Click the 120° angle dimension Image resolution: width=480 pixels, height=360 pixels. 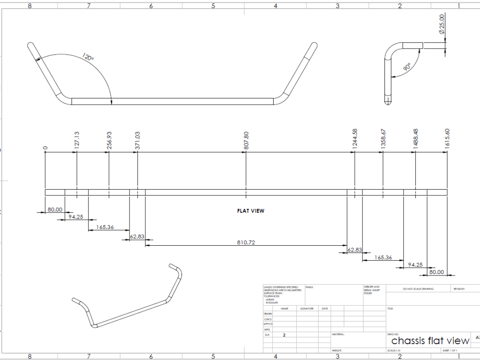(88, 57)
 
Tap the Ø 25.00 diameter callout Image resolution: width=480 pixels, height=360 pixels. (442, 24)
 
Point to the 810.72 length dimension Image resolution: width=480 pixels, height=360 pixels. (246, 242)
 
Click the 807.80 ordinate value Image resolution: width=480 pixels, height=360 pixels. (246, 140)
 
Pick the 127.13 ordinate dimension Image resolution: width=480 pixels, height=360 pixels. (77, 141)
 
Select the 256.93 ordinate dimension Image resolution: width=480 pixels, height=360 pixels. (109, 141)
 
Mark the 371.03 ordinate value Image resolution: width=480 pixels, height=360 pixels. (138, 141)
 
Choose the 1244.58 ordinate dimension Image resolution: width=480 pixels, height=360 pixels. (355, 140)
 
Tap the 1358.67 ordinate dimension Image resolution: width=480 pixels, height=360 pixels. (383, 140)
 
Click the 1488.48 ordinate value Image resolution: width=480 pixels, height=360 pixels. (416, 140)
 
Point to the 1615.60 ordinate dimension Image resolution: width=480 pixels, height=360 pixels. (447, 140)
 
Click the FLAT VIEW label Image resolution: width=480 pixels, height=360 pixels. (251, 211)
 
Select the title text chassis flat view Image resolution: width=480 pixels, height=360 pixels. (430, 341)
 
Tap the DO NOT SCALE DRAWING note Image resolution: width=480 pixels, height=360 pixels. (418, 289)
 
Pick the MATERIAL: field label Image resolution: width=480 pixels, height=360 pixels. (338, 334)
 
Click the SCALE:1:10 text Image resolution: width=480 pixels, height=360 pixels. (396, 351)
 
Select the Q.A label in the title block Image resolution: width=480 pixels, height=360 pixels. (267, 335)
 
